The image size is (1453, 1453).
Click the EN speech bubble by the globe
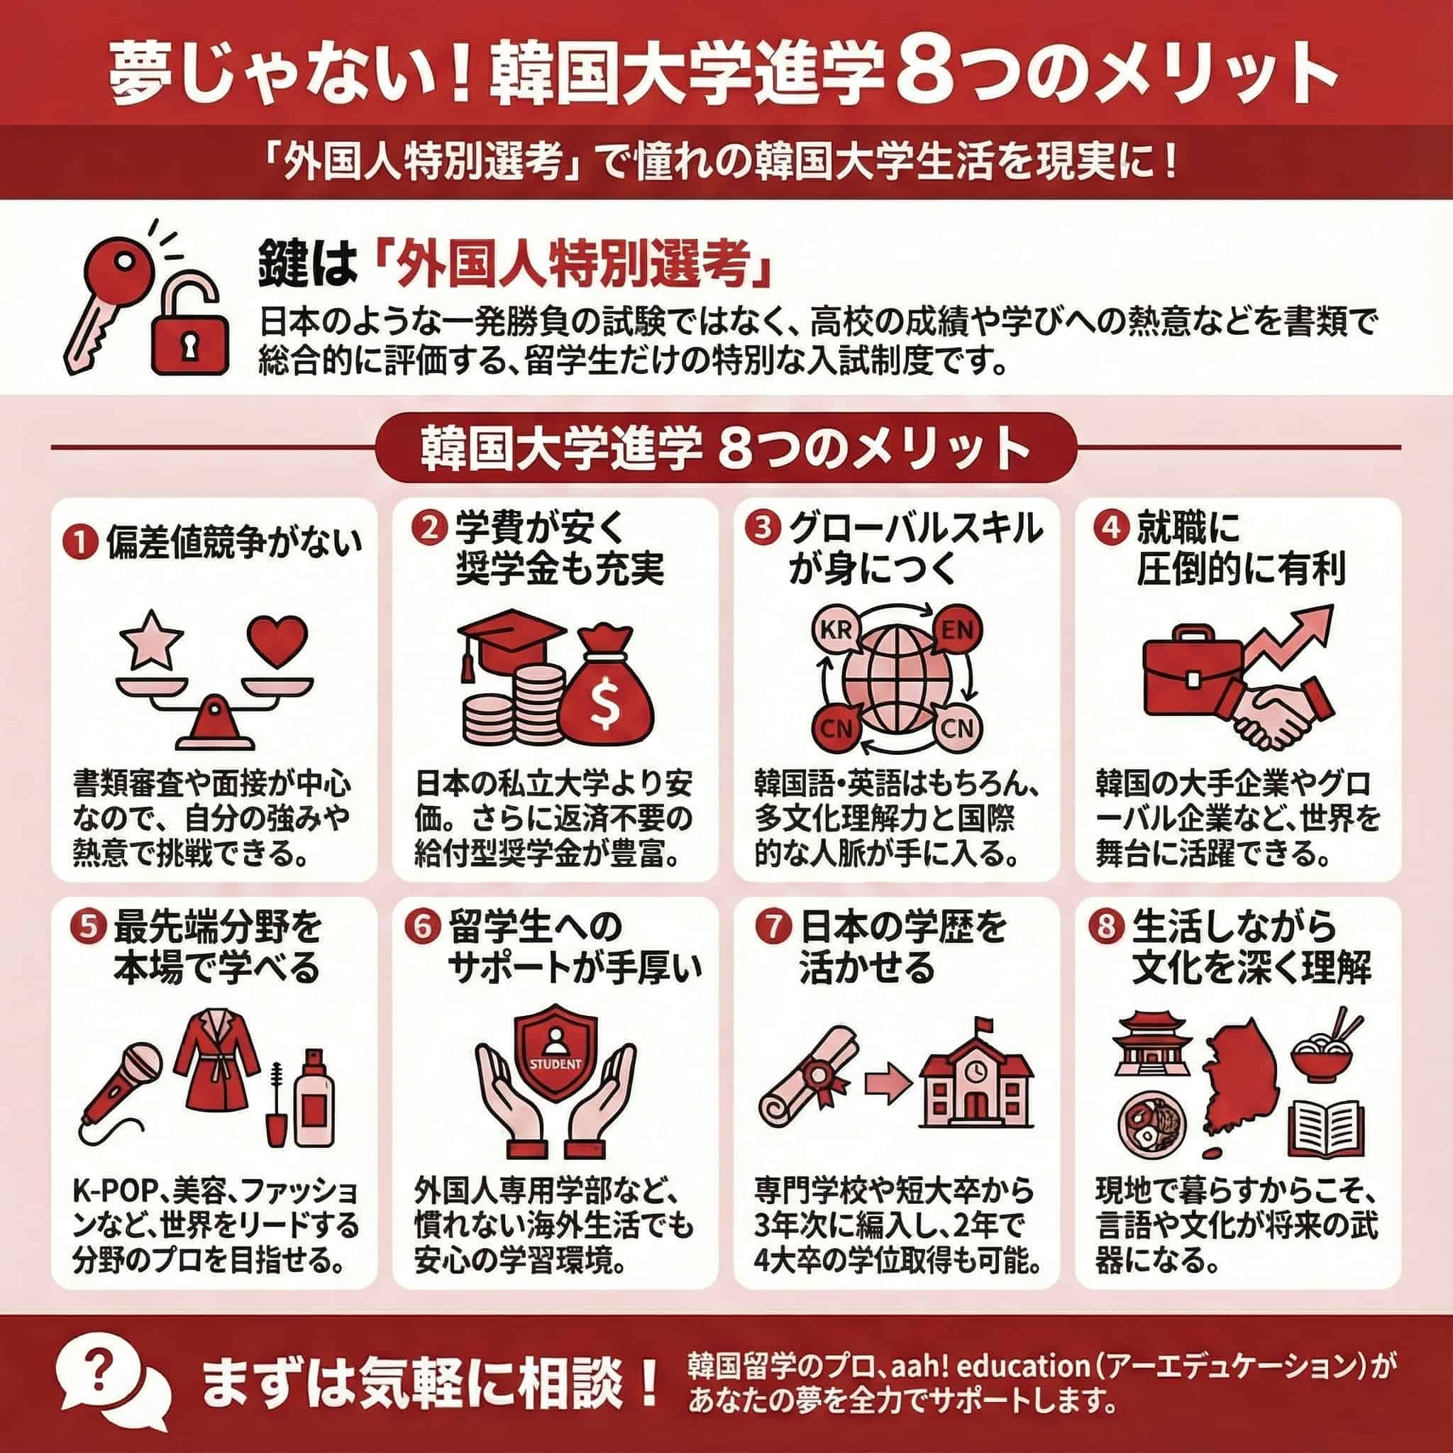[x=956, y=630]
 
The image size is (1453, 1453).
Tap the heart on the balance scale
[x=279, y=639]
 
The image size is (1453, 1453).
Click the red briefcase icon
[x=1193, y=668]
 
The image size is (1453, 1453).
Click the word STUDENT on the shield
[x=556, y=1064]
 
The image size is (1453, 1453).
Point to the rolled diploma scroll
[x=807, y=1083]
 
